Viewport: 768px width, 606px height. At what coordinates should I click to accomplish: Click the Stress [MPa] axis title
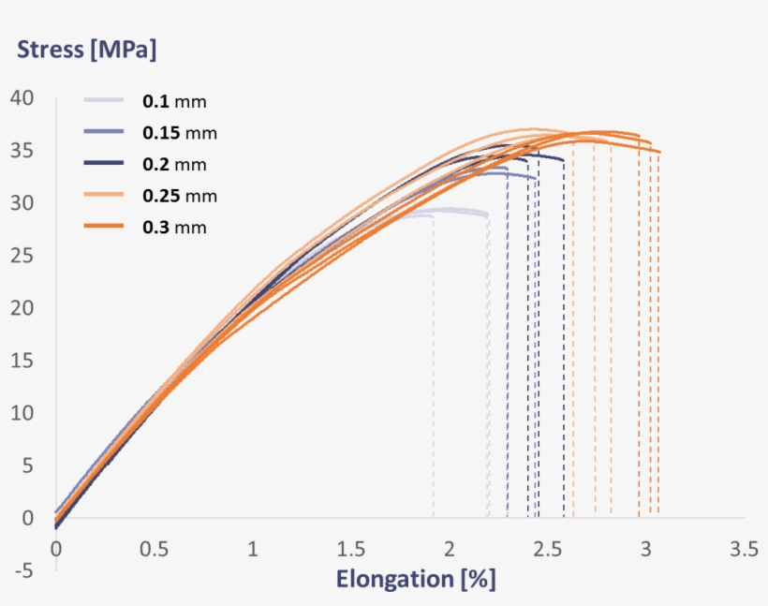(86, 50)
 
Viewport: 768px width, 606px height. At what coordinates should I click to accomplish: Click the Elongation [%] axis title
(416, 579)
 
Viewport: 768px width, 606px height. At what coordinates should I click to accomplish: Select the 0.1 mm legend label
(174, 100)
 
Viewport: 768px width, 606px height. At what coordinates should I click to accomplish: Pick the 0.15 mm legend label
(179, 132)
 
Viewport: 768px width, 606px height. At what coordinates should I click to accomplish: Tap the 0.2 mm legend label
(174, 164)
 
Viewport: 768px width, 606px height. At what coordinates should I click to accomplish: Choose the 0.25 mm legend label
(179, 196)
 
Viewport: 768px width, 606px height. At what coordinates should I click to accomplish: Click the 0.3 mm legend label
(174, 228)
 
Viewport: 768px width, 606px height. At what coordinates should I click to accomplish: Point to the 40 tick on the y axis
(22, 98)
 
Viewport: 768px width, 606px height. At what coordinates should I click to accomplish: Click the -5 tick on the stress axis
(22, 569)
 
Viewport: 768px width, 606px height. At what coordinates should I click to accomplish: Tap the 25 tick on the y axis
(22, 256)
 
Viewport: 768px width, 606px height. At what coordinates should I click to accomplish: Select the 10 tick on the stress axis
(22, 413)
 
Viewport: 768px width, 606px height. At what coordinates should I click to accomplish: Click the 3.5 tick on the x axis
(744, 548)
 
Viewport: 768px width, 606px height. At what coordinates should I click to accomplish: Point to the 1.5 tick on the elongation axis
(351, 548)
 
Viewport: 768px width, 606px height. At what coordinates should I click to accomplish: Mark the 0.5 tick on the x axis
(155, 548)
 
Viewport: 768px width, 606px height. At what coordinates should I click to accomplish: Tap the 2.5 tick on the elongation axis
(548, 548)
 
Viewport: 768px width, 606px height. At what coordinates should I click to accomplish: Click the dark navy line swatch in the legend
(103, 163)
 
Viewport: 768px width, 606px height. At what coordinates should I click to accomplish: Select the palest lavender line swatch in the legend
(103, 100)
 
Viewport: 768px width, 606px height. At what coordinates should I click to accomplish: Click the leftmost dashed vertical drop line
(433, 375)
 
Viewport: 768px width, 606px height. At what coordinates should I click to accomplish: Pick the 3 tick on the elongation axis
(645, 548)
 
